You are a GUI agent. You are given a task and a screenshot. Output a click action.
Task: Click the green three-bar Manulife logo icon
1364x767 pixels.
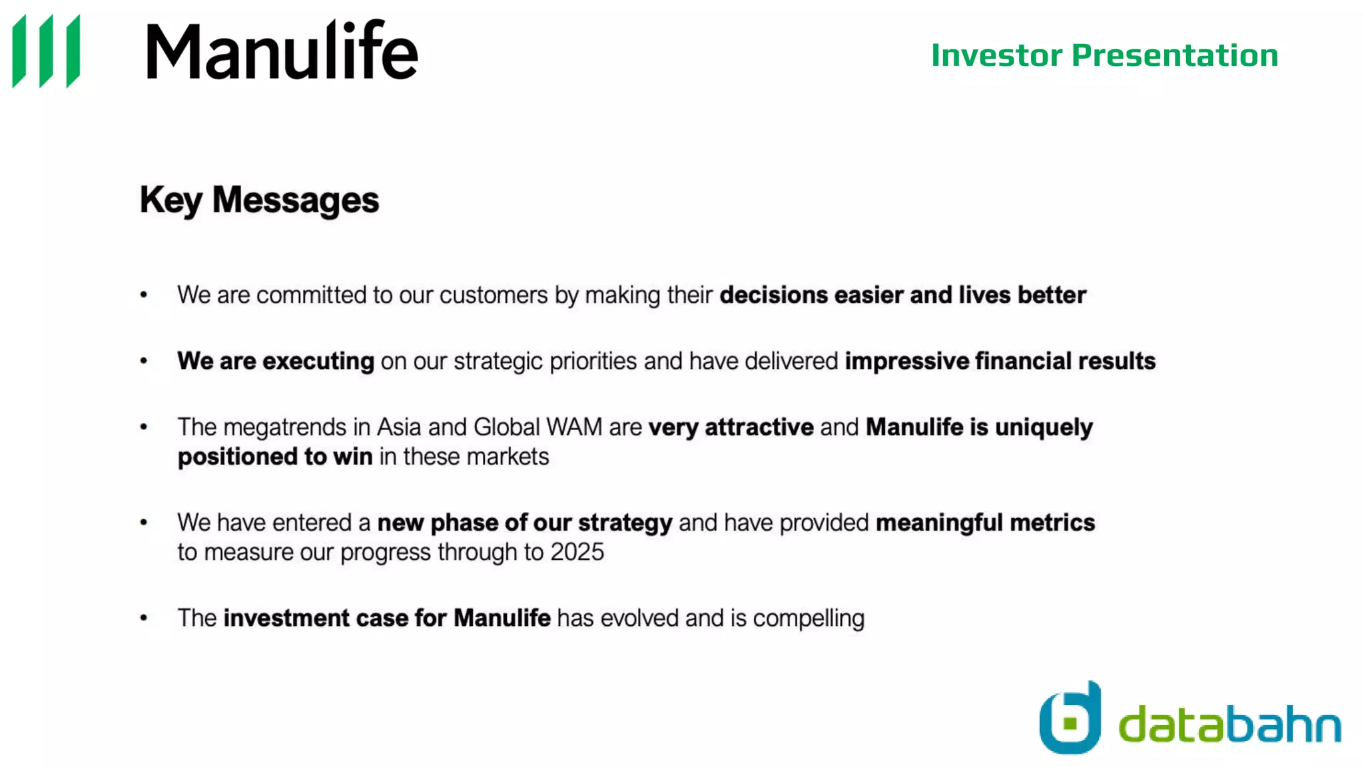[47, 51]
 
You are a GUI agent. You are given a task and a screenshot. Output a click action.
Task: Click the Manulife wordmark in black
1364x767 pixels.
[282, 51]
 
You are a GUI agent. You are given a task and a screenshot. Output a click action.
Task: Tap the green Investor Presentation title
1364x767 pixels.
[1104, 55]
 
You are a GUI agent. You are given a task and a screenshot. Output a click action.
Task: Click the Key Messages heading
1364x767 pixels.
[259, 200]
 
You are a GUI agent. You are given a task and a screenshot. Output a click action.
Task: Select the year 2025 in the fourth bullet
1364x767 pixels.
[577, 552]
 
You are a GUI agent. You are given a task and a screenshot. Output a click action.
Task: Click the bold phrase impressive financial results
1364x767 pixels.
[1000, 361]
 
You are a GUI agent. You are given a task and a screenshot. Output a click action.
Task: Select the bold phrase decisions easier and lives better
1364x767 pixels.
[902, 295]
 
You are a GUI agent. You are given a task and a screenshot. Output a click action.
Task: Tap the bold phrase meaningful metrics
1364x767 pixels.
[985, 523]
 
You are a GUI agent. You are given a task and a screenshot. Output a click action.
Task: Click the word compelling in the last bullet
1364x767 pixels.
[809, 619]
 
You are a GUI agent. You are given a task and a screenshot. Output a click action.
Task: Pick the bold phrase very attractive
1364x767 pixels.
[731, 427]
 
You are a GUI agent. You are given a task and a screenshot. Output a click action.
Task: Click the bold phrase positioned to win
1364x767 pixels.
[274, 457]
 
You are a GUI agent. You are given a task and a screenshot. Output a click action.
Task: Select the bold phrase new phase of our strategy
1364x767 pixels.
[524, 523]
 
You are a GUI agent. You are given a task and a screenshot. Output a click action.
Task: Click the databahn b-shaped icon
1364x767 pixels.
[1070, 719]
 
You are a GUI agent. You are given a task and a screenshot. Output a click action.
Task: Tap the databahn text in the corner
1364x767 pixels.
[1229, 724]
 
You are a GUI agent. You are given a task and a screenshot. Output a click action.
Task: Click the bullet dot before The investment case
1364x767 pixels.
[144, 618]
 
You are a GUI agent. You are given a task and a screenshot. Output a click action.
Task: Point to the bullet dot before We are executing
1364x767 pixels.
[144, 361]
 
